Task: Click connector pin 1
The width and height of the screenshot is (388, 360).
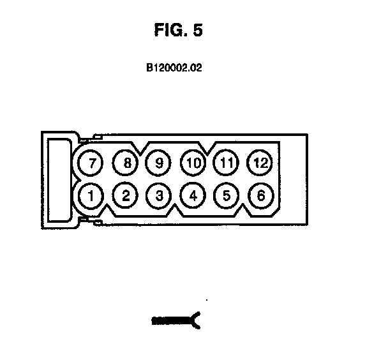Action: (91, 195)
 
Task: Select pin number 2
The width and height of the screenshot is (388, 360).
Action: (125, 195)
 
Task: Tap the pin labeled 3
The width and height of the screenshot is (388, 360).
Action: (159, 195)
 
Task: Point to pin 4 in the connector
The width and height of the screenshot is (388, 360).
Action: (193, 195)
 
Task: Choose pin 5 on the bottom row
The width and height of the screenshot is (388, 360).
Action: (227, 195)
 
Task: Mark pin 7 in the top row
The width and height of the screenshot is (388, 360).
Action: (91, 163)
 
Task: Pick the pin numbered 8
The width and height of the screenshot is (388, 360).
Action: (125, 163)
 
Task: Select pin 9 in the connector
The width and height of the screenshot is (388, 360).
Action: (159, 163)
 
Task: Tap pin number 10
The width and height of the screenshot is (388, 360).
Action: (193, 163)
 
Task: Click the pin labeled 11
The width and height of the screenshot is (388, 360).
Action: (227, 163)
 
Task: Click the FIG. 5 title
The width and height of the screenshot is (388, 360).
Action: (179, 30)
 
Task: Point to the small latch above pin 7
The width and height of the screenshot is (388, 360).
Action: (96, 137)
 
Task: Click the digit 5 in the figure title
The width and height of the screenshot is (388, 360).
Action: (197, 30)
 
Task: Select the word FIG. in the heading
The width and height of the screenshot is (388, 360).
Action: (170, 30)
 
